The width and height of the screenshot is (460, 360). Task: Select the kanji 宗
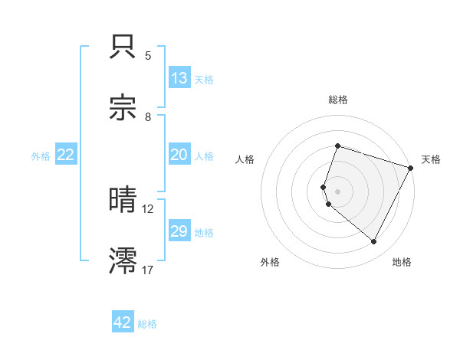[123, 108]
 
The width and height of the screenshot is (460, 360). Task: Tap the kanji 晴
[123, 200]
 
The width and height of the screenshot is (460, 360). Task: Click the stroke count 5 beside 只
[148, 56]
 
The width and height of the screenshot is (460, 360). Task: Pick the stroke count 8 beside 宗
[148, 116]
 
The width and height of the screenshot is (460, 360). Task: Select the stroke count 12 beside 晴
[148, 208]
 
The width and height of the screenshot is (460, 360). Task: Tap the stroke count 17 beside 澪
[148, 270]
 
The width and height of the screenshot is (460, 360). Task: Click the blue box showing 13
[179, 78]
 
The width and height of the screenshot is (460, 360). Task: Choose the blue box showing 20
[179, 155]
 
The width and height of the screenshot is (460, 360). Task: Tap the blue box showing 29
[179, 231]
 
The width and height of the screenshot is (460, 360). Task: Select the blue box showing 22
[66, 155]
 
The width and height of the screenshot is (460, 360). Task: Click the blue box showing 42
[123, 322]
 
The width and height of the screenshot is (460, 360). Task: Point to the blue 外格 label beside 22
[41, 156]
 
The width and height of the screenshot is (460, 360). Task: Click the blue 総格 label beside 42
[147, 324]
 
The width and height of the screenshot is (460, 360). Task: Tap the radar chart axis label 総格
[337, 100]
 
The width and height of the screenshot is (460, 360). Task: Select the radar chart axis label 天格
[431, 159]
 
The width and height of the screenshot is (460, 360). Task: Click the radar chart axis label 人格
[245, 159]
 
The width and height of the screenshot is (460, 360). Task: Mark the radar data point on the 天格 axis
[411, 168]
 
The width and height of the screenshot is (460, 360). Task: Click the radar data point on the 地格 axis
[374, 241]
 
